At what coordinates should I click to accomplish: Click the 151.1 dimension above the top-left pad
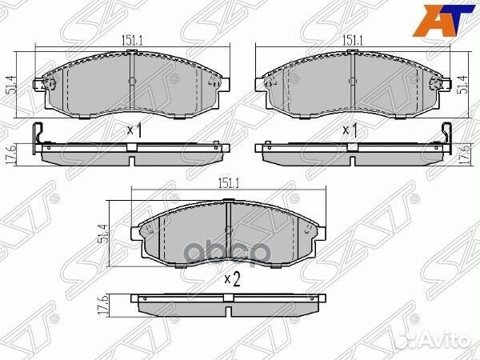click(133, 41)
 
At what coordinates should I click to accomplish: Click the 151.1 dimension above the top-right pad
click(352, 41)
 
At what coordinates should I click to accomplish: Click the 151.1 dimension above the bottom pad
click(228, 183)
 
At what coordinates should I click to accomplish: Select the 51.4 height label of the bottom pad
click(103, 234)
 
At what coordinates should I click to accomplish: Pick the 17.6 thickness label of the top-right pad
click(466, 156)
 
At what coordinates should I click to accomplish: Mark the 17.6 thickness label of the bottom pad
click(104, 306)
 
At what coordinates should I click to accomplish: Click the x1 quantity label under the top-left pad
click(134, 130)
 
